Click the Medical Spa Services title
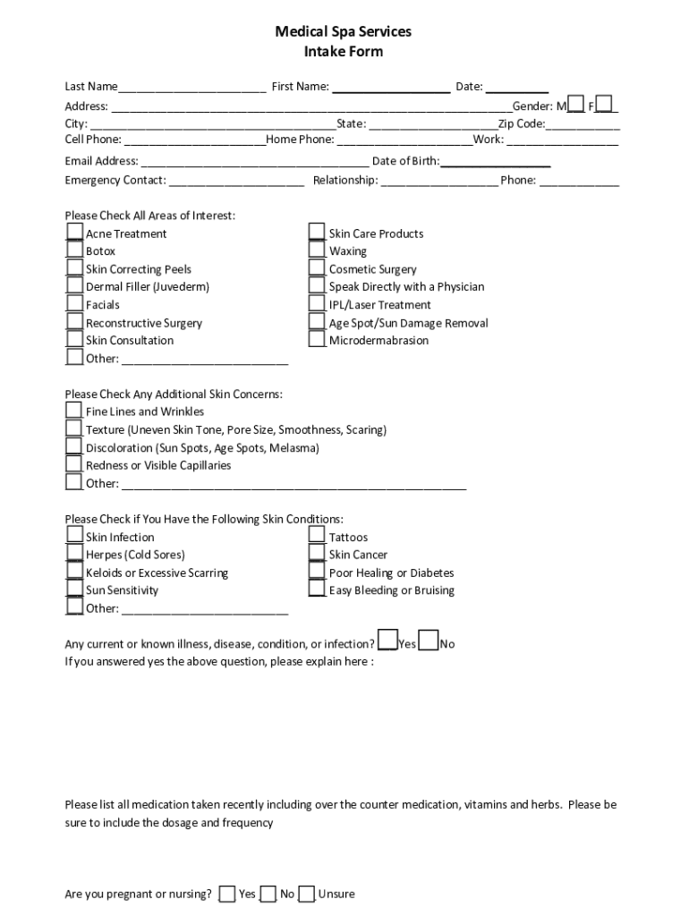[x=344, y=31]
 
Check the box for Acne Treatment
[x=74, y=233]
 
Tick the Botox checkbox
[x=74, y=250]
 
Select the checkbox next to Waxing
[x=317, y=250]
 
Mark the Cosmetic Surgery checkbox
[x=317, y=268]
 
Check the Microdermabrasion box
[x=317, y=339]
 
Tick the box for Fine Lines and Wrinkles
[x=74, y=411]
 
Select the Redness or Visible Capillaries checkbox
[x=74, y=464]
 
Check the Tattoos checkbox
[x=317, y=536]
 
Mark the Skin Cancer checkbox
[x=317, y=554]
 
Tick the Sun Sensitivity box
[x=74, y=589]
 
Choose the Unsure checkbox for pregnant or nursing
[x=307, y=894]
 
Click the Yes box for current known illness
[x=387, y=641]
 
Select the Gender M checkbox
[x=577, y=105]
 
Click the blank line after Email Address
[x=254, y=162]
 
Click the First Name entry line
[x=391, y=88]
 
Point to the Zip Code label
[x=522, y=123]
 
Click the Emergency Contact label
[x=115, y=180]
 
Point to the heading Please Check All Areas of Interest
[x=150, y=216]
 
